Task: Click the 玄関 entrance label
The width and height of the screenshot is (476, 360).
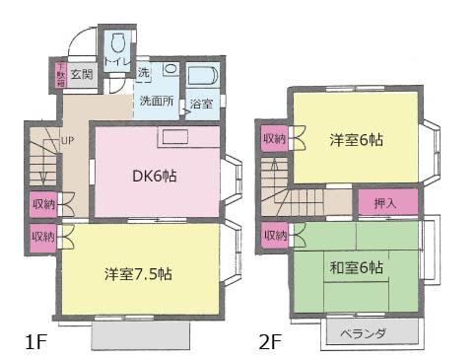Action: (82, 75)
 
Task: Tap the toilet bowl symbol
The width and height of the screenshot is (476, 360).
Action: (118, 43)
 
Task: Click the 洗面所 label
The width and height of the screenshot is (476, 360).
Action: (156, 101)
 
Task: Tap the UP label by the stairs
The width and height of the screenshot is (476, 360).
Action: (67, 140)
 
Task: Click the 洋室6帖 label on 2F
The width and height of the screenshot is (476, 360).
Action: (356, 140)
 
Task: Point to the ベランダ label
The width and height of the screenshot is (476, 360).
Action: (368, 333)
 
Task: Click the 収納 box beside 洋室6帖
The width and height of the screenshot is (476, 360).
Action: (273, 140)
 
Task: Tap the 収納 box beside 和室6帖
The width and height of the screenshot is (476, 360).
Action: (273, 236)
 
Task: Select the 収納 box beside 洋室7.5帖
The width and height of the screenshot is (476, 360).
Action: (42, 237)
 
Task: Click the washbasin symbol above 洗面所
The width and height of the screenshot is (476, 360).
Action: (170, 69)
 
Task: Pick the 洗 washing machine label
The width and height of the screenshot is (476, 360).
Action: (144, 72)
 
